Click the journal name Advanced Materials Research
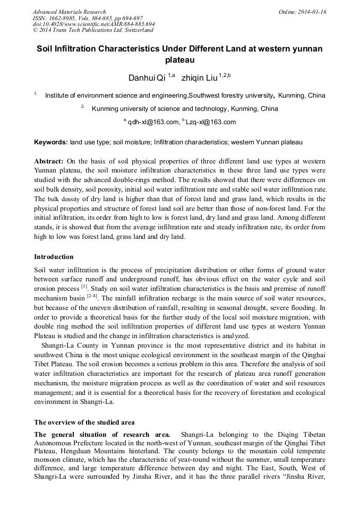coord(69,12)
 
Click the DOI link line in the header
coord(93,24)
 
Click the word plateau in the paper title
coord(179,60)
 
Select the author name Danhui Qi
coord(147,78)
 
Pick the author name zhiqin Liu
coord(199,78)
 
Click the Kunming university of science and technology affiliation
coord(185,109)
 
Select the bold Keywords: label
coord(51,143)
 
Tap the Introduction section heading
coord(54,257)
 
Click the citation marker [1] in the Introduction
coord(84,286)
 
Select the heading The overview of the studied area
coord(84,422)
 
